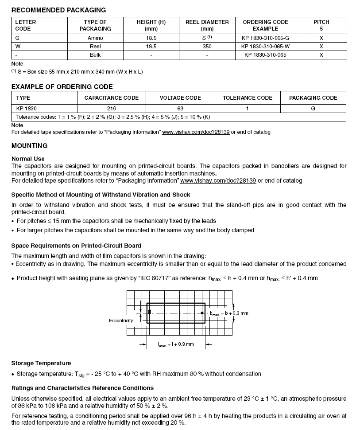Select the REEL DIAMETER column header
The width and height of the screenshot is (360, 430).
click(x=207, y=25)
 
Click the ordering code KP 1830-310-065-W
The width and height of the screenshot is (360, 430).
click(x=265, y=47)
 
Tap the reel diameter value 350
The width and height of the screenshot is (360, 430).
click(x=207, y=47)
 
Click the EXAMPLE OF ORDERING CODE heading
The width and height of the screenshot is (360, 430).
click(x=62, y=87)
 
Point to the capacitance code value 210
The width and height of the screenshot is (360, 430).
click(x=112, y=109)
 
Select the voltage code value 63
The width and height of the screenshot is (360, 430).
click(x=180, y=109)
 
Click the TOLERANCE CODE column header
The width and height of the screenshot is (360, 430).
click(x=248, y=98)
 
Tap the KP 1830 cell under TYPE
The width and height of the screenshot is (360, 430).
click(x=26, y=109)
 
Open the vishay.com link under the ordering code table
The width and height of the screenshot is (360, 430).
click(x=196, y=132)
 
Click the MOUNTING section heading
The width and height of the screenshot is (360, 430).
click(x=29, y=146)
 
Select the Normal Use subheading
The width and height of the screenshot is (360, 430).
click(x=28, y=159)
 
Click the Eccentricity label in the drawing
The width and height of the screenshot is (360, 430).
click(x=121, y=321)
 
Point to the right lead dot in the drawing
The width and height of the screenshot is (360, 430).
click(x=202, y=313)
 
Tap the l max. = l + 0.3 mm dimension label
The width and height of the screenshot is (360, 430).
click(x=176, y=344)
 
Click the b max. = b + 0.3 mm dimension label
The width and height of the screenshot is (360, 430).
click(x=229, y=313)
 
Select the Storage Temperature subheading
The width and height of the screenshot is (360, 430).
click(x=41, y=363)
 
